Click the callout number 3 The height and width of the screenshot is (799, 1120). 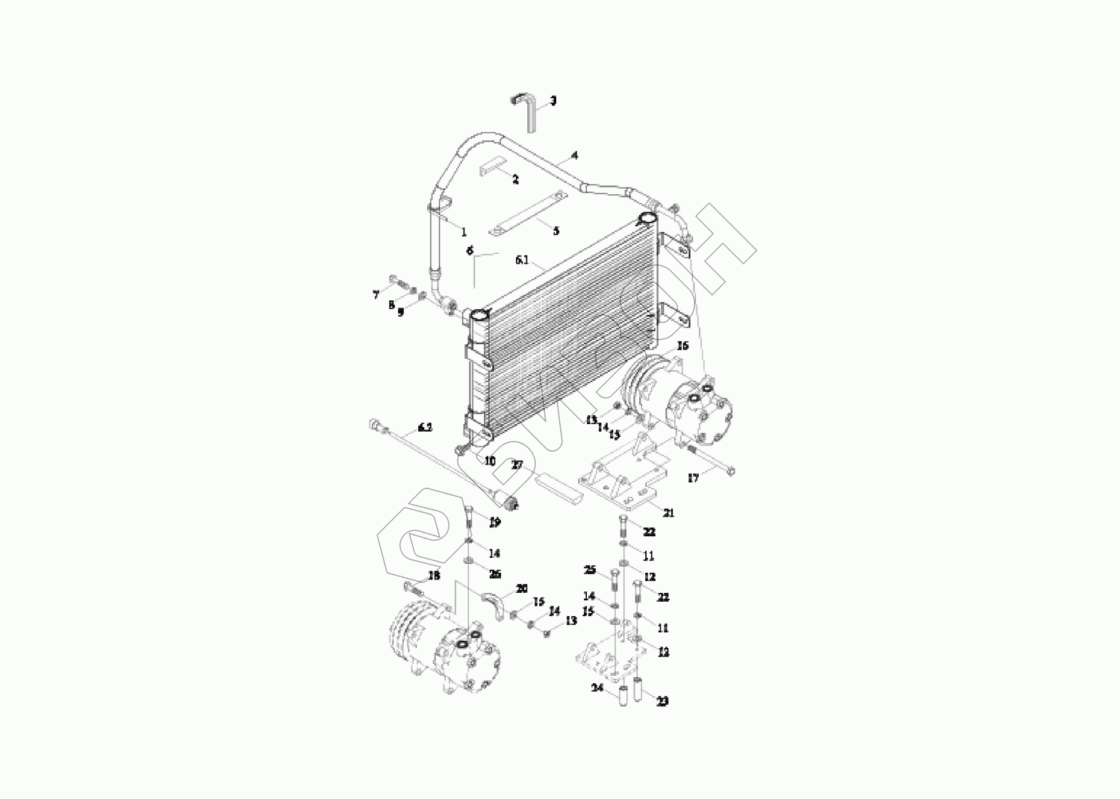click(x=553, y=100)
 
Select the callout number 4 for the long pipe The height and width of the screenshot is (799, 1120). click(x=574, y=155)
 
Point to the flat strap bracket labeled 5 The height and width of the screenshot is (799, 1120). click(x=529, y=215)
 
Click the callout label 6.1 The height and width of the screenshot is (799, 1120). click(x=522, y=261)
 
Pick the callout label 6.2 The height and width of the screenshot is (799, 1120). click(x=425, y=427)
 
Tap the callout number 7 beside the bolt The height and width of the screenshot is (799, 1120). click(x=376, y=295)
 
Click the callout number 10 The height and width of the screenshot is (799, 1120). click(x=490, y=461)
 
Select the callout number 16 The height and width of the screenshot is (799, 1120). click(x=682, y=346)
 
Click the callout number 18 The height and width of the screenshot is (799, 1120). click(x=435, y=576)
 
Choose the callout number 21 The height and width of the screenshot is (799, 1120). click(x=668, y=513)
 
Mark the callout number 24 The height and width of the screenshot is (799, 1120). click(x=597, y=688)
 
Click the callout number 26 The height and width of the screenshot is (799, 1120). click(x=494, y=573)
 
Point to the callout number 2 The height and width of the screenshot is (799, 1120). click(x=515, y=180)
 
